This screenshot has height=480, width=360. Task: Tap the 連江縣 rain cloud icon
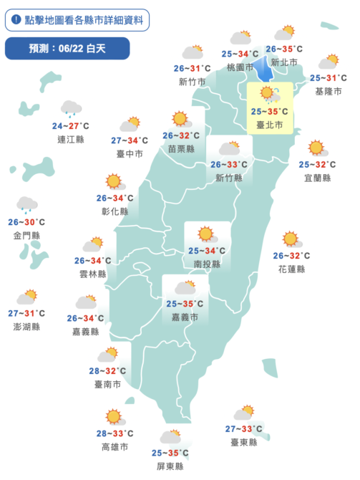[x=71, y=108]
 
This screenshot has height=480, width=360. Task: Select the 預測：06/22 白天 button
[x=67, y=49]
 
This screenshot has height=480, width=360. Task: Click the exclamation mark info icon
[x=16, y=20]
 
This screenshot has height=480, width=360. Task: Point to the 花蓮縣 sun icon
[x=290, y=239]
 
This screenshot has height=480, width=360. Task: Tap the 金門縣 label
[x=27, y=235]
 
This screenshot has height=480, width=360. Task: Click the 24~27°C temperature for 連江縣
[x=70, y=126]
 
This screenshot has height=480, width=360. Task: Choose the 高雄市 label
[x=115, y=447]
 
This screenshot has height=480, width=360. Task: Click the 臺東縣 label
[x=244, y=443]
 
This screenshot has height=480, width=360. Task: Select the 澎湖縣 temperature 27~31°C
[x=26, y=313]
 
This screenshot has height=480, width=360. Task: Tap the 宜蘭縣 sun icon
[x=316, y=148]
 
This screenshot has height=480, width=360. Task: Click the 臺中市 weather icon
[x=130, y=124]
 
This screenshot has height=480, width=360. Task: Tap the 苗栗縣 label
[x=180, y=149]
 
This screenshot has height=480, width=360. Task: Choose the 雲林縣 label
[x=93, y=274]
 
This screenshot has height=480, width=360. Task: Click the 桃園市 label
[x=240, y=67]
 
